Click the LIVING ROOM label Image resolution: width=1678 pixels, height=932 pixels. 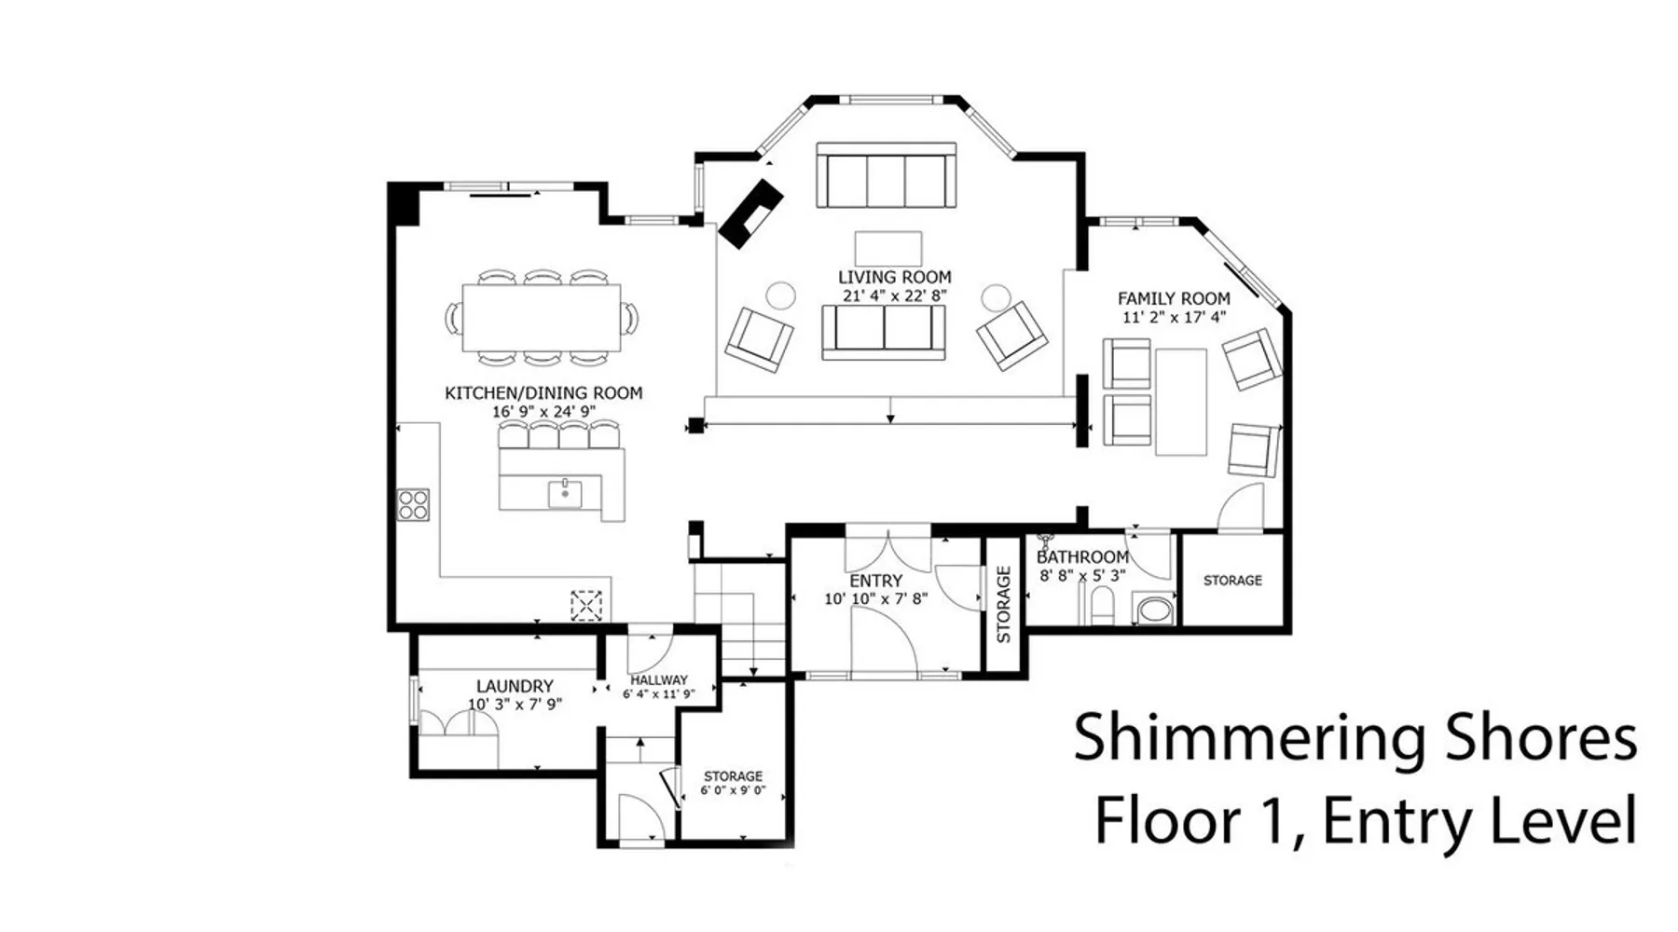(x=894, y=277)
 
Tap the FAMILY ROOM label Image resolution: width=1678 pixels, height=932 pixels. (x=1174, y=298)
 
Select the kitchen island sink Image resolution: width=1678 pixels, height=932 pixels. (x=565, y=493)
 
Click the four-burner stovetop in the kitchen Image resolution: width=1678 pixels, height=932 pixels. (x=413, y=504)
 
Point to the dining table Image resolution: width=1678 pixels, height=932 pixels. (x=542, y=317)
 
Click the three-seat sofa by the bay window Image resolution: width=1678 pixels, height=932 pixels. (x=887, y=175)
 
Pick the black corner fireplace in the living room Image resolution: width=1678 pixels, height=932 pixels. (x=750, y=215)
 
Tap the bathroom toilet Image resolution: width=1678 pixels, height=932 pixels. (x=1103, y=605)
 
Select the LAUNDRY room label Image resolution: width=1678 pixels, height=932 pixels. (x=515, y=686)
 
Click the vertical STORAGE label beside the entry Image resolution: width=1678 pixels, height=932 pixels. (x=1004, y=604)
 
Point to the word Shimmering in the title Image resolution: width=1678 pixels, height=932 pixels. (x=1249, y=737)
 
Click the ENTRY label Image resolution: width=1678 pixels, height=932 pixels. (x=876, y=580)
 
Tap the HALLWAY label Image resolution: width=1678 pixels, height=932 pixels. (x=659, y=679)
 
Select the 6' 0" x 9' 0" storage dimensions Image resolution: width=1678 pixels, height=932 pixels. (x=733, y=790)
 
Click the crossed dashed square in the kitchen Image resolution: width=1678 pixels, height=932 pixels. (x=586, y=606)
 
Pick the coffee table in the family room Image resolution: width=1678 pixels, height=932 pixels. (x=1181, y=403)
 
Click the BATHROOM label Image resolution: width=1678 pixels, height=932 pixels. (x=1082, y=557)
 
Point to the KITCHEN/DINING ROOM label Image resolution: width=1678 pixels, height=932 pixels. (x=543, y=393)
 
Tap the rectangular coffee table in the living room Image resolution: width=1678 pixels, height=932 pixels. (x=888, y=248)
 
